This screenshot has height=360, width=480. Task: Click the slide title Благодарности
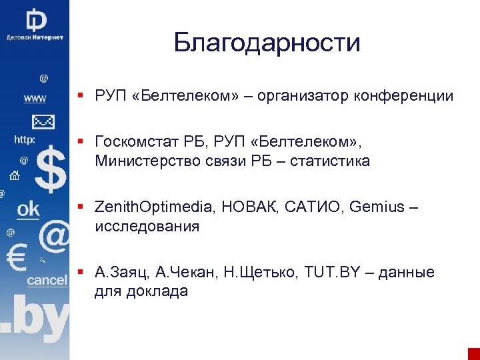[267, 43]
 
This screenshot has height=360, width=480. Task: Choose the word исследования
[147, 226]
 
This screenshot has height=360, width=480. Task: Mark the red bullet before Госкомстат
[80, 142]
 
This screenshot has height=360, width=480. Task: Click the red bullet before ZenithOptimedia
[80, 207]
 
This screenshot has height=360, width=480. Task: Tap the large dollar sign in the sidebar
[50, 170]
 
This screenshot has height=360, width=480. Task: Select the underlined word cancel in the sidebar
[47, 281]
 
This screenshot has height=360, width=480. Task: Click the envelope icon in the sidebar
[42, 121]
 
